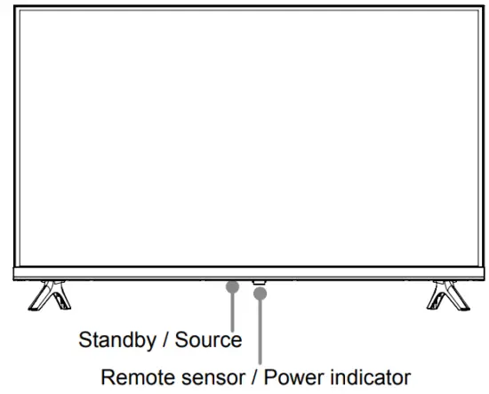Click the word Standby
click(x=116, y=339)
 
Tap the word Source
click(x=206, y=339)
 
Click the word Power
click(x=282, y=377)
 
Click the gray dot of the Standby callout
click(x=232, y=286)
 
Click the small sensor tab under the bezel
click(x=259, y=283)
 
